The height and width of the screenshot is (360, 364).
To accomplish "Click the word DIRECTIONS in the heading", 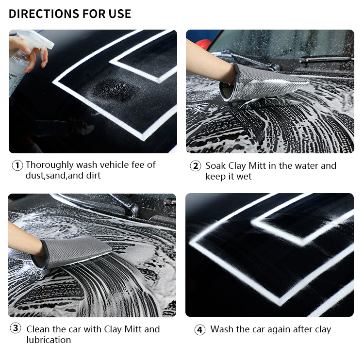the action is [44, 14].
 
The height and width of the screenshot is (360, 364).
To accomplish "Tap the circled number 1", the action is [17, 165].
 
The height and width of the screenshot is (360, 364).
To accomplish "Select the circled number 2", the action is [196, 166].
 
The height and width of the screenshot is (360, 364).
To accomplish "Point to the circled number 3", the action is [16, 328].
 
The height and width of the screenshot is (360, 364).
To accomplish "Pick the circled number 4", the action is [199, 330].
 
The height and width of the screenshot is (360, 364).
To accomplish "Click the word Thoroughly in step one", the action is [50, 165].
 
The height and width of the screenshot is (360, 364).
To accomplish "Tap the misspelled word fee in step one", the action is [138, 164].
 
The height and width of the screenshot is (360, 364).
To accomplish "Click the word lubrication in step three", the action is [49, 340].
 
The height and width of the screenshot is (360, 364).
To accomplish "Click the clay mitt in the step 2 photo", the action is [262, 83].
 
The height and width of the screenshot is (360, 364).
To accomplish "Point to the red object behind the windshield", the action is [203, 43].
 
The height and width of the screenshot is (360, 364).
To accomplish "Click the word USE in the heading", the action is [120, 14].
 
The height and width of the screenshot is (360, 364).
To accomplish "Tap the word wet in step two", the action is [244, 177].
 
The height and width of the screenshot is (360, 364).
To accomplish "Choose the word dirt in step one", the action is [93, 176].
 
